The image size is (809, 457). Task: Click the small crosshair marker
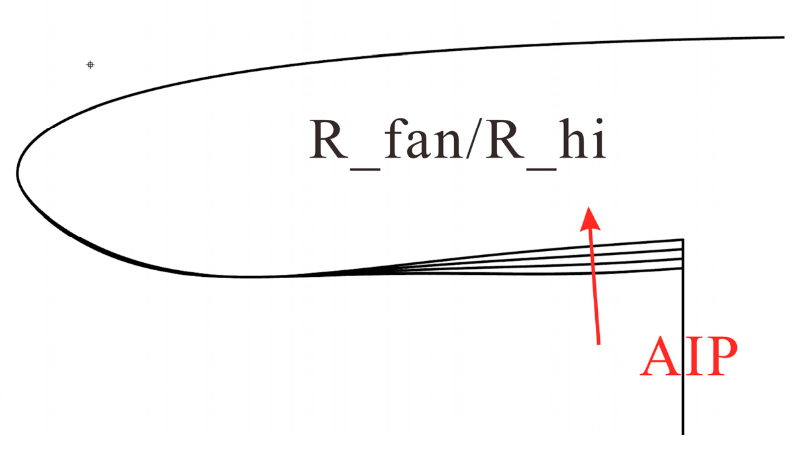pos(90,65)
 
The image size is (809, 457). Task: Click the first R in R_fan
pos(329,139)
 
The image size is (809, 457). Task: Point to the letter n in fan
pos(450,145)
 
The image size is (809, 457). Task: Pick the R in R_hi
pos(504,139)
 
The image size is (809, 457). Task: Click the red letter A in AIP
pos(663,357)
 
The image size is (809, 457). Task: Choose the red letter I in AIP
pos(693,357)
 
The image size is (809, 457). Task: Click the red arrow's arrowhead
pos(588,216)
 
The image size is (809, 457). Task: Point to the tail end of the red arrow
pos(598,344)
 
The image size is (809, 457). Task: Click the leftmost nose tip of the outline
pos(18,173)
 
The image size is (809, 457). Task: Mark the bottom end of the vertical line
pos(683,434)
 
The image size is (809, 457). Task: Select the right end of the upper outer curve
pos(784,37)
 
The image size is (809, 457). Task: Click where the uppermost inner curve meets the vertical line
pos(683,240)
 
